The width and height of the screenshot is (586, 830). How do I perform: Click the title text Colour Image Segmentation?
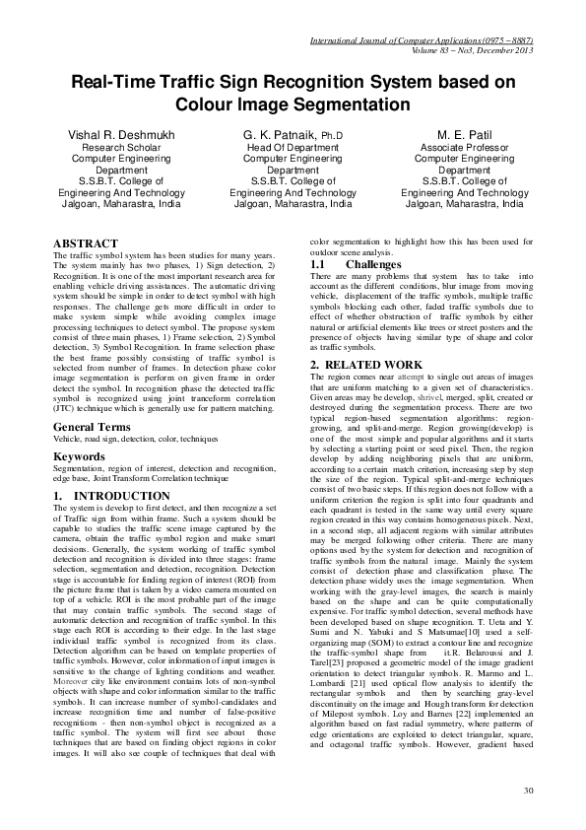[293, 103]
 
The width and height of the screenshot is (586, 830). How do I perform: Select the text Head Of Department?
[293, 146]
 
